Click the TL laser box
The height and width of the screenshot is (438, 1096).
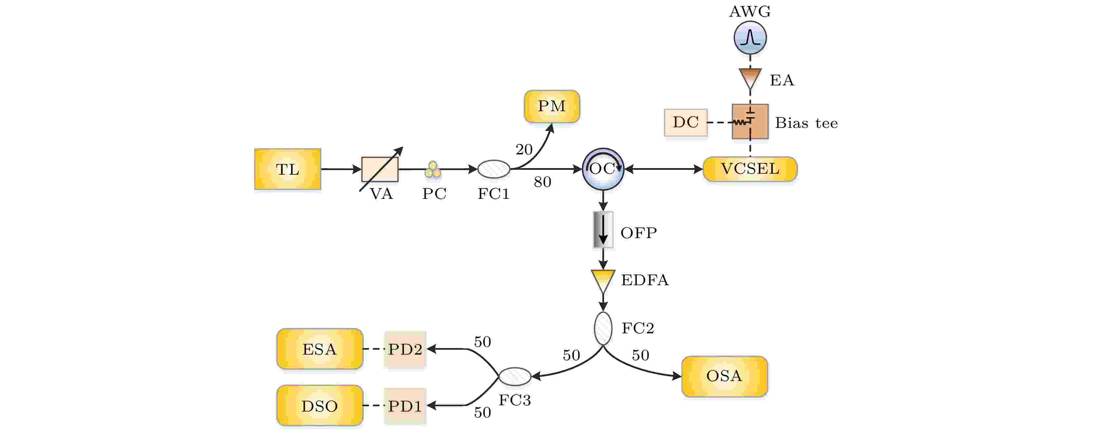tap(288, 169)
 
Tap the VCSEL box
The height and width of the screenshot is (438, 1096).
tap(750, 169)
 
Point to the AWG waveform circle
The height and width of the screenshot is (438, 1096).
tap(750, 38)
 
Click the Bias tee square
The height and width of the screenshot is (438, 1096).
tap(750, 121)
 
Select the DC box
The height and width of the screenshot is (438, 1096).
tap(686, 122)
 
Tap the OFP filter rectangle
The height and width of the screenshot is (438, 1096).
tap(603, 230)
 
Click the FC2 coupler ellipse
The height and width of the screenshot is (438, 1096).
tap(603, 328)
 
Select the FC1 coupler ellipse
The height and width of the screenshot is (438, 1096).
tap(494, 169)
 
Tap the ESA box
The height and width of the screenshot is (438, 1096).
tap(319, 349)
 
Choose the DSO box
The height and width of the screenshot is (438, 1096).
tap(319, 406)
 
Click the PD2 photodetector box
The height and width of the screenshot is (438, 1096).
tap(405, 349)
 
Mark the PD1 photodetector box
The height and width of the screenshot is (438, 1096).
tap(405, 406)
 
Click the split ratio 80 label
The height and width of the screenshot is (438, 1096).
tap(542, 182)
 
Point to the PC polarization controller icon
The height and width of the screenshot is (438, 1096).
tap(433, 170)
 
